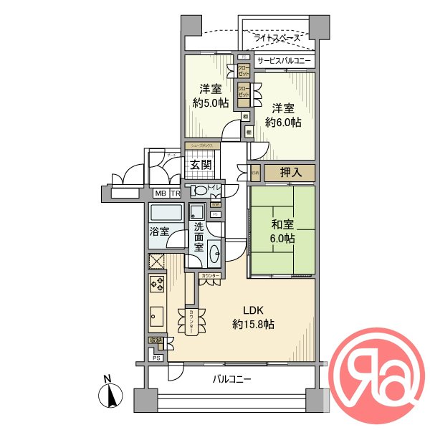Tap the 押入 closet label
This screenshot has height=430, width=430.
coord(289,173)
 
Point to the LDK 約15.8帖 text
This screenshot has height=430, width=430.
coord(253,317)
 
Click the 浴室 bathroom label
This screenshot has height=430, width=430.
coord(159,231)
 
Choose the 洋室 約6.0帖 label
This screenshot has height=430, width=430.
coord(283,115)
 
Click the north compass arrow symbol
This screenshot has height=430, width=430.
coord(110,395)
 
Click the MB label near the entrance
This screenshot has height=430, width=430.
coord(160,193)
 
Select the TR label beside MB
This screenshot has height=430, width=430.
coord(176,193)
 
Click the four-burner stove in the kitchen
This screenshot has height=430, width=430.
coord(157,285)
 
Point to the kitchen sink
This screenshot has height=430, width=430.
coord(157,316)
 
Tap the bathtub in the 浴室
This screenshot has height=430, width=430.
coord(167,214)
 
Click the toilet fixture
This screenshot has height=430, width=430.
coord(199,191)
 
